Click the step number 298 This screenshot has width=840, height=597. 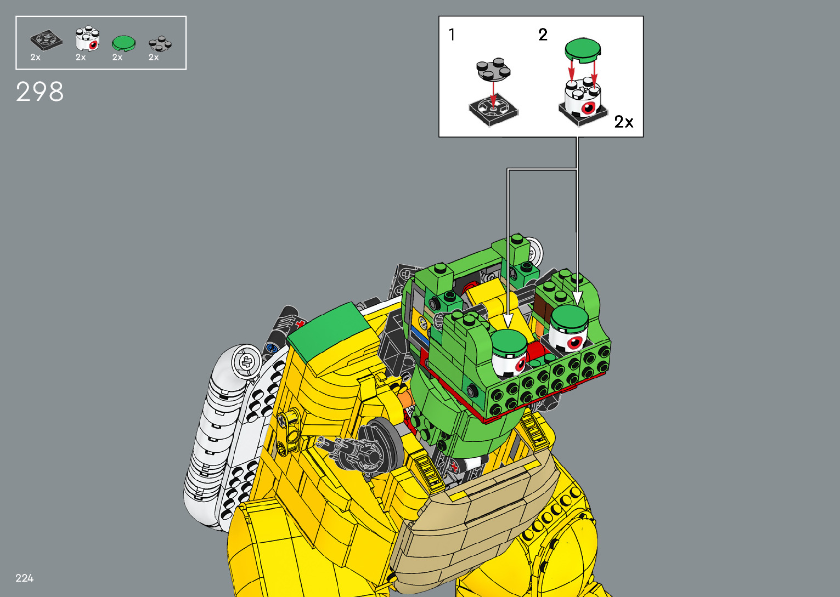point(40,92)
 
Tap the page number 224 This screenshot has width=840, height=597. point(24,578)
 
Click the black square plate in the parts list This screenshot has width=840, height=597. point(47,39)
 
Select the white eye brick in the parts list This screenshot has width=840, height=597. point(87,38)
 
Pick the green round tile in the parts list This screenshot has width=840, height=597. point(124,43)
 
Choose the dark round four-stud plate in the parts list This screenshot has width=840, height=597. point(160,44)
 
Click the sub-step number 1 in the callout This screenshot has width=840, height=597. point(452,35)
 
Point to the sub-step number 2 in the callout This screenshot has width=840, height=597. point(543,35)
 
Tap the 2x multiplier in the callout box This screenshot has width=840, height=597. point(624,122)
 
